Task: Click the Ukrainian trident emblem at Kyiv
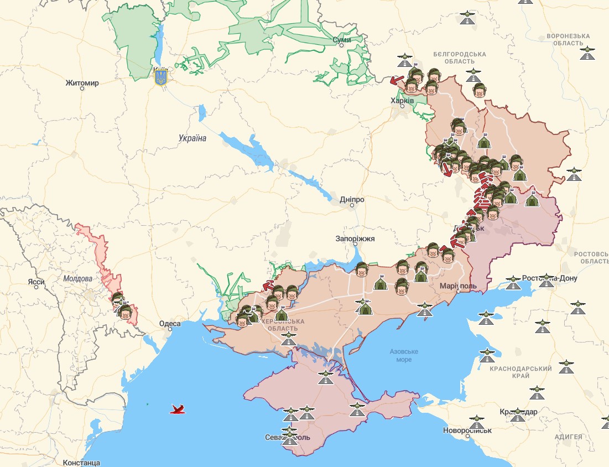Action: [x=161, y=76]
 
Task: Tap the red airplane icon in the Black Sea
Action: [x=178, y=409]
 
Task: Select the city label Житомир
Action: [x=82, y=83]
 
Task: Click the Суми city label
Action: [x=341, y=40]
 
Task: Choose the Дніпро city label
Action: [x=352, y=199]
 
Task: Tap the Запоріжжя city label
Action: [x=355, y=239]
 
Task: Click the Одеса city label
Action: [x=169, y=324]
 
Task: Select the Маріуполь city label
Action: [x=458, y=286]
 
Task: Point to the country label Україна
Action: [x=192, y=138]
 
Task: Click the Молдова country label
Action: [x=77, y=279]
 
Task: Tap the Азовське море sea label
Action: [x=404, y=355]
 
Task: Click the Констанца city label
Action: [x=81, y=462]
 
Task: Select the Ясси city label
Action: [x=36, y=282]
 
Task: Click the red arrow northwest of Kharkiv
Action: [x=396, y=81]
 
